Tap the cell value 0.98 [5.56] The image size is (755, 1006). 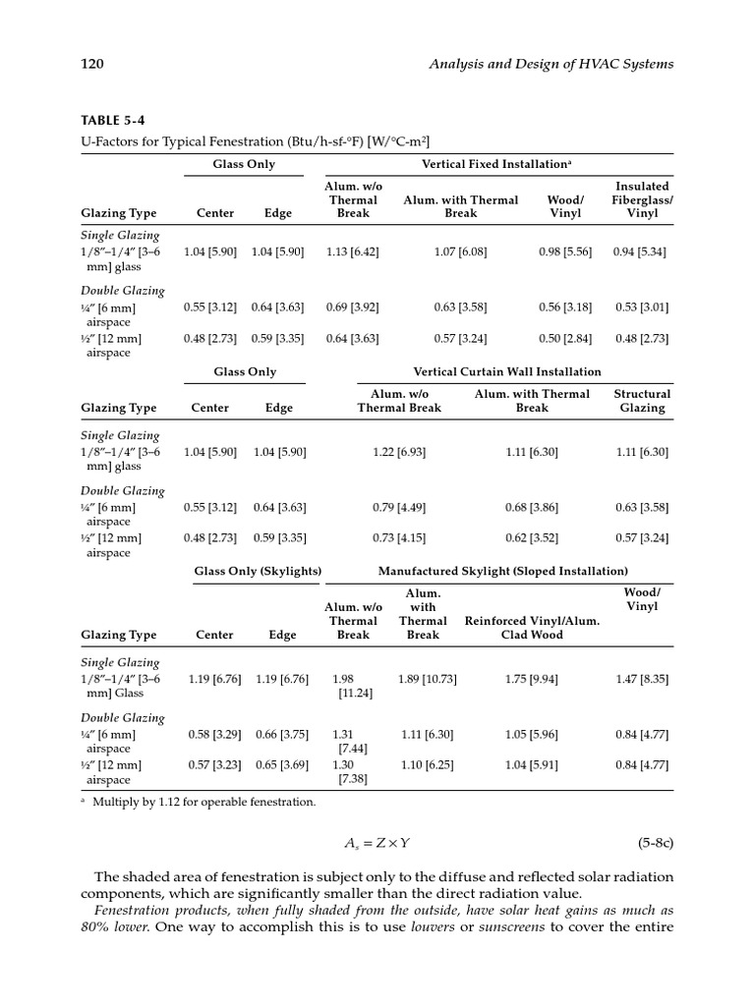[564, 251]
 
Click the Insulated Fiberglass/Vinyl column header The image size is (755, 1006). [642, 199]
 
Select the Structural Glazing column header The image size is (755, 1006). [642, 401]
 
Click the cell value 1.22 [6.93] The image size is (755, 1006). [399, 452]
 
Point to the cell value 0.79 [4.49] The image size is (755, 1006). [399, 507]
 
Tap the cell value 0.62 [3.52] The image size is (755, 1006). [531, 537]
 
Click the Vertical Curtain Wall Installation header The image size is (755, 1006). [507, 371]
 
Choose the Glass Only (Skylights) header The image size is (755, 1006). [258, 571]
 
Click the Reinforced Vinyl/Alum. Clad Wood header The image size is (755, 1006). [530, 628]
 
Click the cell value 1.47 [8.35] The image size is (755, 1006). [641, 679]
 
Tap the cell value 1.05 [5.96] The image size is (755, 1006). [531, 734]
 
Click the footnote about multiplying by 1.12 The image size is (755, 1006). [203, 802]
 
